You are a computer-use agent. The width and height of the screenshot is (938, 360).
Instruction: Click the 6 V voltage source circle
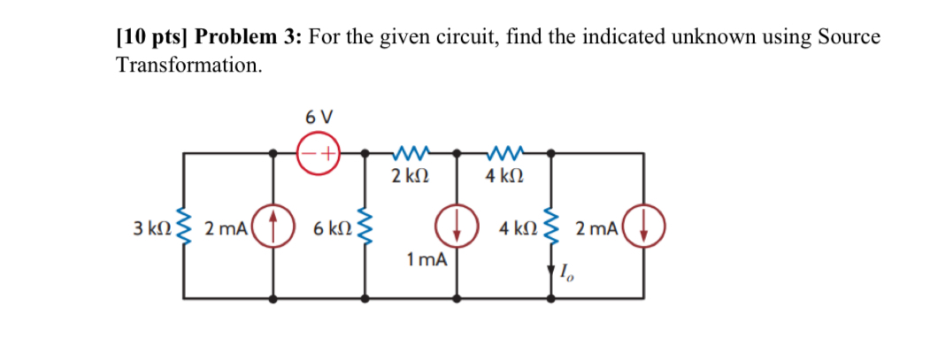coord(319,152)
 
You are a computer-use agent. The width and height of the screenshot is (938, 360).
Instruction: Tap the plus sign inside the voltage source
coord(327,152)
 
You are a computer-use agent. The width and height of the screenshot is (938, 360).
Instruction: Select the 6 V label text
coord(319,116)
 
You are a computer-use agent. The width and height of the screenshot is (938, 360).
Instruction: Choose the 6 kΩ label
coord(332,228)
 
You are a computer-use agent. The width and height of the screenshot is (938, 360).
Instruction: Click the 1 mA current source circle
coord(457,227)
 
